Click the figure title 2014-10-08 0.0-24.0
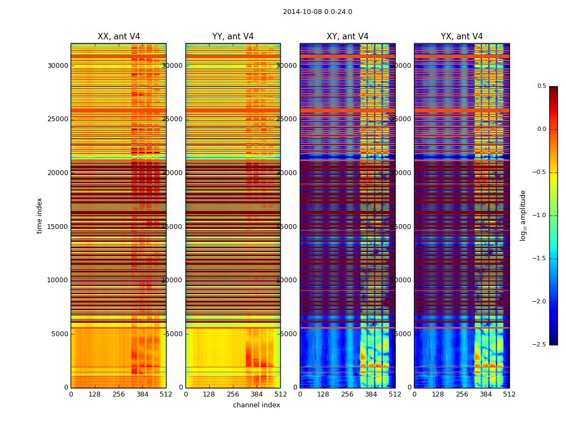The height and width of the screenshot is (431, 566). (317, 12)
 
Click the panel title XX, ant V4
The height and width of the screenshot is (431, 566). (119, 37)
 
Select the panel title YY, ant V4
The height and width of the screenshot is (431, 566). (233, 37)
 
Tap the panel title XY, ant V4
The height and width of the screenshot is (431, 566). (348, 37)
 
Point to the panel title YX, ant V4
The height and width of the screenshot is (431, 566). (462, 37)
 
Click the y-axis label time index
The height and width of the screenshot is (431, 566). (39, 215)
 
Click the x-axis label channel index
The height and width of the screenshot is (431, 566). (257, 405)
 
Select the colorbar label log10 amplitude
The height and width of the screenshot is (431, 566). (523, 215)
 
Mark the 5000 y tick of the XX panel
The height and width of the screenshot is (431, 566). (60, 333)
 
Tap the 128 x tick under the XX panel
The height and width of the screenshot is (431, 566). (94, 394)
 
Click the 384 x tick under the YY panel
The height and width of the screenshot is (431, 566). (257, 394)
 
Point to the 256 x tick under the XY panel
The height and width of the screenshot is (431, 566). (347, 394)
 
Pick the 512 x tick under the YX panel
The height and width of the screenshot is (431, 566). (509, 394)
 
